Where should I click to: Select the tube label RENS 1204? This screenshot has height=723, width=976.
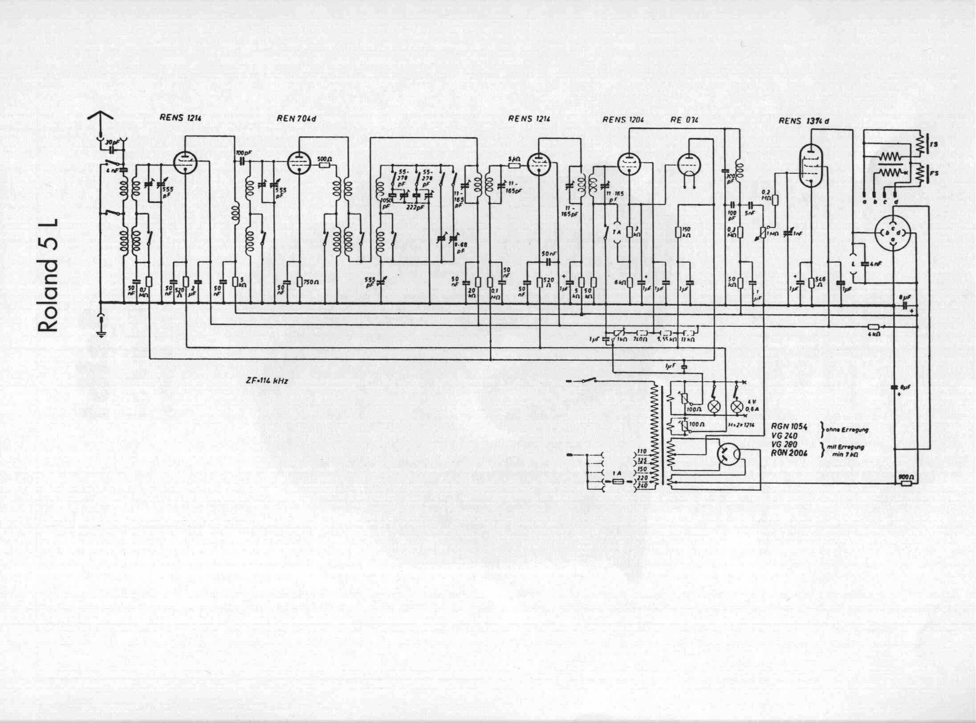click(x=623, y=119)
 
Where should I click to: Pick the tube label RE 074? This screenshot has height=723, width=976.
click(x=684, y=119)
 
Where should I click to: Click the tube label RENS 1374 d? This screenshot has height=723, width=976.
click(x=804, y=121)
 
